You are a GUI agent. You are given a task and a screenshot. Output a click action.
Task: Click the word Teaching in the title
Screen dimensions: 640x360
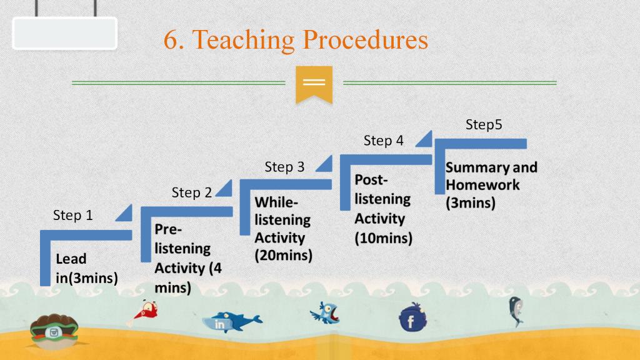click(x=243, y=41)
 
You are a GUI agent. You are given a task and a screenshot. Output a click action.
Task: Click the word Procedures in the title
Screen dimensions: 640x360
click(x=365, y=39)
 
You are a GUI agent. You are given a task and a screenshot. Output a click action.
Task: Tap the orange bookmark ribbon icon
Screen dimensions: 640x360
click(x=314, y=84)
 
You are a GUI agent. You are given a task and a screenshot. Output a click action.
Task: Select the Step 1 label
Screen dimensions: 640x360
click(x=73, y=215)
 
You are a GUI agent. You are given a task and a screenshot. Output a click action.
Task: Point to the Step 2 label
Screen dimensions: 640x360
click(x=191, y=192)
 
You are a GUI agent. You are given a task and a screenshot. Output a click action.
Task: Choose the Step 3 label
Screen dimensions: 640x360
click(x=284, y=166)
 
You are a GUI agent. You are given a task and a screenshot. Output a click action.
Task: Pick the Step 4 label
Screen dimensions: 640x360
click(x=383, y=141)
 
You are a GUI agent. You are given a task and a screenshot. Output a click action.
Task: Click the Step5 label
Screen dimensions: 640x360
click(x=484, y=124)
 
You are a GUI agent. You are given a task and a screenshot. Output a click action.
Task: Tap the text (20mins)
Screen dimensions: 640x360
click(x=284, y=256)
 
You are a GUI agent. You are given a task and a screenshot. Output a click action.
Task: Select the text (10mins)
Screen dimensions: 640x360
click(x=383, y=238)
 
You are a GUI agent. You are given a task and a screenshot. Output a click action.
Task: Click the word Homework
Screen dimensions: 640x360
click(x=482, y=185)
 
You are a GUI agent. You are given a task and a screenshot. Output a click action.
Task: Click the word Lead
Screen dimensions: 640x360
click(x=71, y=259)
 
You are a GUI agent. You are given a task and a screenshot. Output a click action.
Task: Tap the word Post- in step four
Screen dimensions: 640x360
click(x=371, y=179)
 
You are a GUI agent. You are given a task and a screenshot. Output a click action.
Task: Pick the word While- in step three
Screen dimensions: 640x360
click(x=276, y=202)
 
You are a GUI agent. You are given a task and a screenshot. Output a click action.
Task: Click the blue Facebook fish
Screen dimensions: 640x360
click(x=412, y=317)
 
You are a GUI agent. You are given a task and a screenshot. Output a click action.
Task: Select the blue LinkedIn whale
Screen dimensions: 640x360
click(x=231, y=322)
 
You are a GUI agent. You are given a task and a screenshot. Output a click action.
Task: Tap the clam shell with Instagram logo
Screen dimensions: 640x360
click(x=54, y=331)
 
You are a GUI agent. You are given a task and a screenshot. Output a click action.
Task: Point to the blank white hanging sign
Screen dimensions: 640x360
click(x=65, y=34)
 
